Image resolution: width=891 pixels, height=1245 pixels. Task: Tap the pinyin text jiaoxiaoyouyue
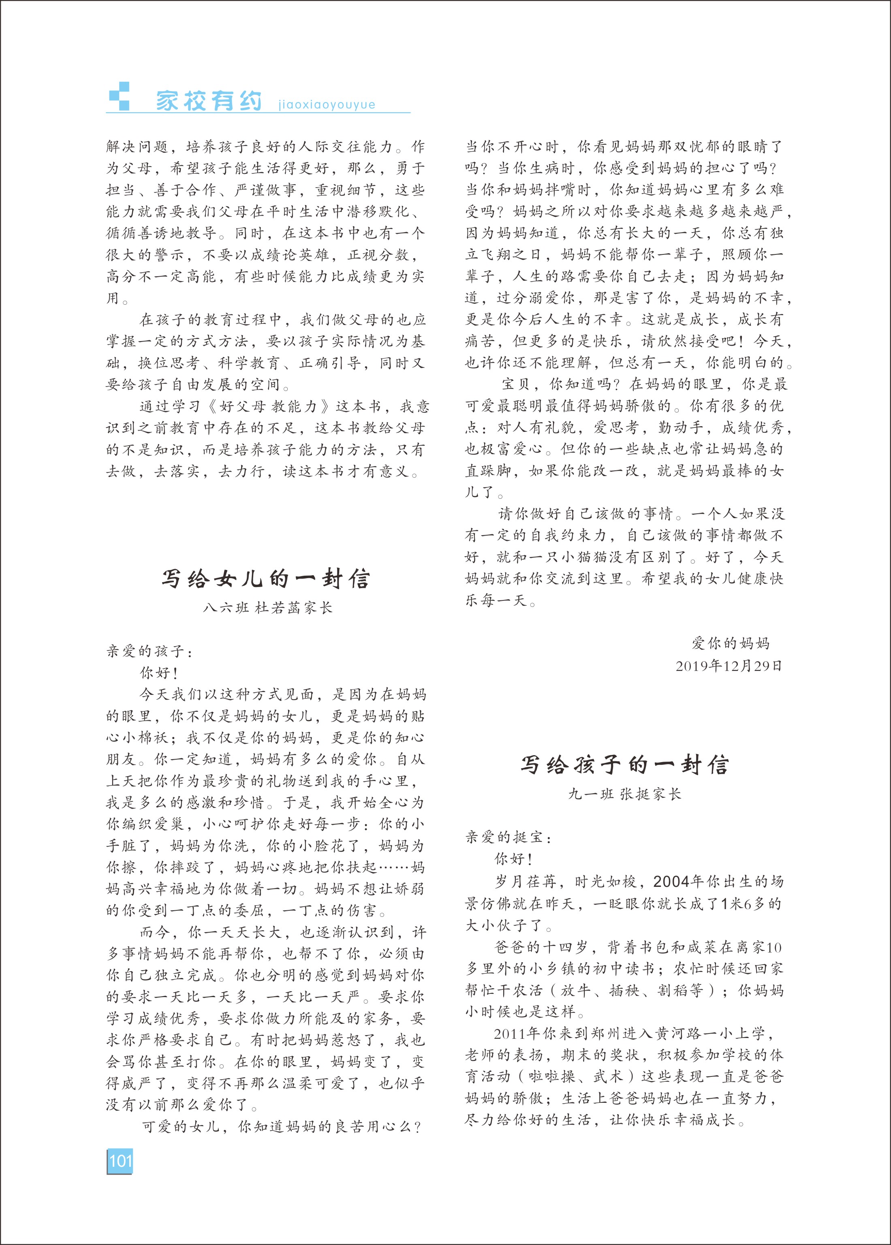tap(327, 104)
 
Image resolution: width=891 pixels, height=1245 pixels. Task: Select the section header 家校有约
tap(209, 101)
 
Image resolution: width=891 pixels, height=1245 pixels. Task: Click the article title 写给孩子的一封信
tap(625, 765)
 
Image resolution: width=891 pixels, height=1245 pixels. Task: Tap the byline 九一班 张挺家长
tap(624, 794)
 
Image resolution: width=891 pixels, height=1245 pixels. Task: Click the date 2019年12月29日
tap(729, 666)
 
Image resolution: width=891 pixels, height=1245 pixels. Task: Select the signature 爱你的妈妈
tap(731, 643)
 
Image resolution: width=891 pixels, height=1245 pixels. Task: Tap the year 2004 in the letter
tap(671, 881)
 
